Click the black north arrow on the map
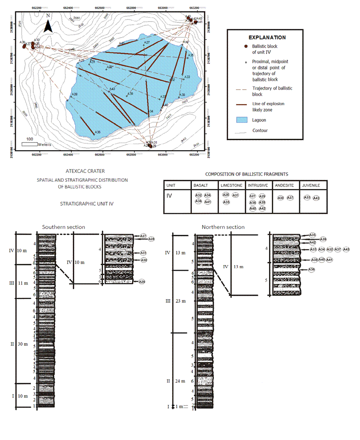pyautogui.click(x=48, y=26)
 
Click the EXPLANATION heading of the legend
pyautogui.click(x=267, y=37)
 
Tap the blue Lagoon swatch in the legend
pyautogui.click(x=240, y=120)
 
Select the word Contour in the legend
pyautogui.click(x=260, y=130)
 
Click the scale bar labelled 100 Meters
pyautogui.click(x=30, y=144)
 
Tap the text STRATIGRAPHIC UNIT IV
pyautogui.click(x=86, y=203)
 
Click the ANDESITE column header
pyautogui.click(x=285, y=186)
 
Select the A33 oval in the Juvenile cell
pyautogui.click(x=307, y=197)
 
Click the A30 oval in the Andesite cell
pyautogui.click(x=280, y=198)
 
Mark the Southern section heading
pyautogui.click(x=64, y=227)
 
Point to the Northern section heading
pyautogui.click(x=223, y=227)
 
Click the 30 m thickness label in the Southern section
pyautogui.click(x=23, y=344)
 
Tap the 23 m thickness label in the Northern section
pyautogui.click(x=179, y=301)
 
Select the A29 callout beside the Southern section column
pyautogui.click(x=142, y=282)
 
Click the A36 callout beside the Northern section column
pyautogui.click(x=312, y=269)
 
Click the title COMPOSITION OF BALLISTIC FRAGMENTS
pyautogui.click(x=246, y=174)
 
